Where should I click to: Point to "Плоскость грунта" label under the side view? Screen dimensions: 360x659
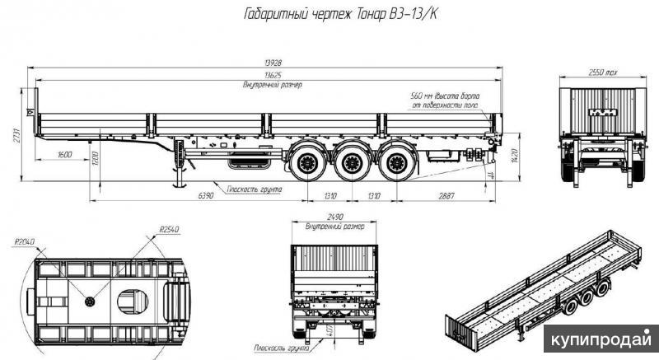(x=255, y=189)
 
